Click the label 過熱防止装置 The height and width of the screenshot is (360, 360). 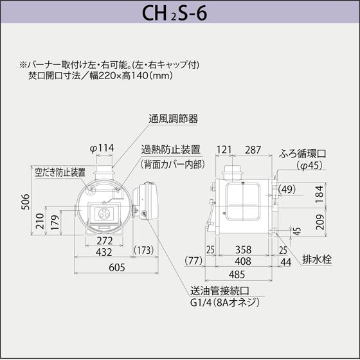170,149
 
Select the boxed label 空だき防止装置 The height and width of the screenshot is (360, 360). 60,172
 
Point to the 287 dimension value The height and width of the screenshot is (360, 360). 253,150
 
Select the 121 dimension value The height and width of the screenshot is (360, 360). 224,150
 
